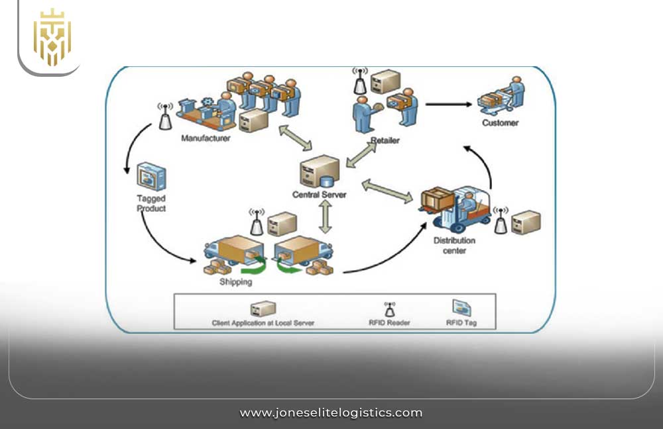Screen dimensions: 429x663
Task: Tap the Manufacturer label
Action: coord(206,139)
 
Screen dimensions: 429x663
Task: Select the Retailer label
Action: coord(386,141)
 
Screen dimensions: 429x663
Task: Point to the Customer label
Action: coord(500,122)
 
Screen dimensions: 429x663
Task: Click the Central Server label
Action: coord(319,195)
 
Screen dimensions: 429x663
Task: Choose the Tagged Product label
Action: coord(151,203)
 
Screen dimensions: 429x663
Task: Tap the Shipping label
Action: coord(235,282)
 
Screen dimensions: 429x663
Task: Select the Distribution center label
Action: coord(455,246)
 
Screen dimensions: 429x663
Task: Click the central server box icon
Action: coord(320,172)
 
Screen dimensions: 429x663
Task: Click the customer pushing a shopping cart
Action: coord(503,96)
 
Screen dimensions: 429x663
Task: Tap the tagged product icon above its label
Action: coord(151,177)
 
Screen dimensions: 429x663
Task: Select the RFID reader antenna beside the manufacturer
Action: coord(165,117)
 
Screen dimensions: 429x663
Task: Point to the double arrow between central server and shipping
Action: coord(325,217)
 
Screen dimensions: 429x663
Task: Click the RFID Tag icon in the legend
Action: coord(461,307)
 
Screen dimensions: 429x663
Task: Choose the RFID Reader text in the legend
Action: coord(389,322)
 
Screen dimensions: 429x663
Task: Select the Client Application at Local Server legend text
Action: coord(263,322)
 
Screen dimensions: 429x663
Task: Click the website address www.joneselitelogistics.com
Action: coord(331,412)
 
